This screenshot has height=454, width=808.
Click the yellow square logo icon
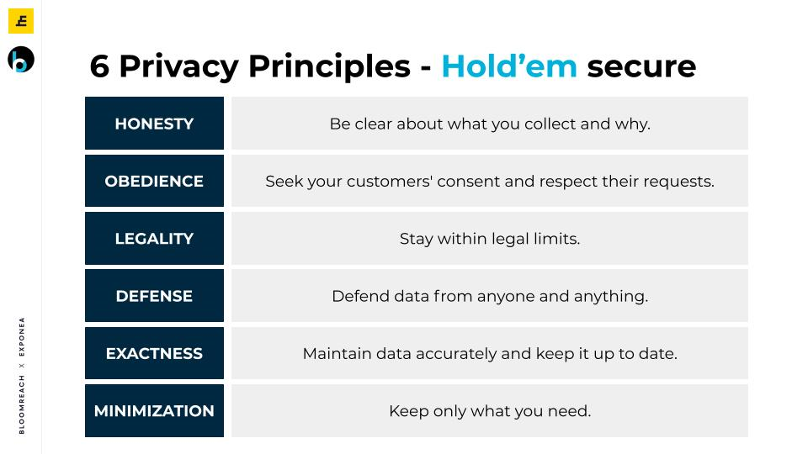point(21,21)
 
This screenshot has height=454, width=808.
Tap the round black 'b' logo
point(21,59)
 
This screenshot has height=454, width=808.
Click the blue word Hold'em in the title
point(509,66)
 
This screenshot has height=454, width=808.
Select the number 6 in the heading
point(99,67)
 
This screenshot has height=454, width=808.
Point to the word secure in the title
point(641,67)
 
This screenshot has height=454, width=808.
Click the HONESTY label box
point(155,123)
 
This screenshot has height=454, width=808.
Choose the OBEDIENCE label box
point(155,181)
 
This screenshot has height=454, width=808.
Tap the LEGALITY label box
point(155,238)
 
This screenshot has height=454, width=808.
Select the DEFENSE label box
point(155,295)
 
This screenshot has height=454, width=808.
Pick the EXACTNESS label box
point(155,353)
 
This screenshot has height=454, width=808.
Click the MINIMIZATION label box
point(155,411)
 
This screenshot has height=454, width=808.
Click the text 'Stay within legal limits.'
point(490,239)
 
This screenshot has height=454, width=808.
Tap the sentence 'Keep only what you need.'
point(490,411)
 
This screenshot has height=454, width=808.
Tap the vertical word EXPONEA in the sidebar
point(22,336)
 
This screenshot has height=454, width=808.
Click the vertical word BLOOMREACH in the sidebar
point(22,404)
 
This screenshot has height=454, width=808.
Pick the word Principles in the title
point(329,67)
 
